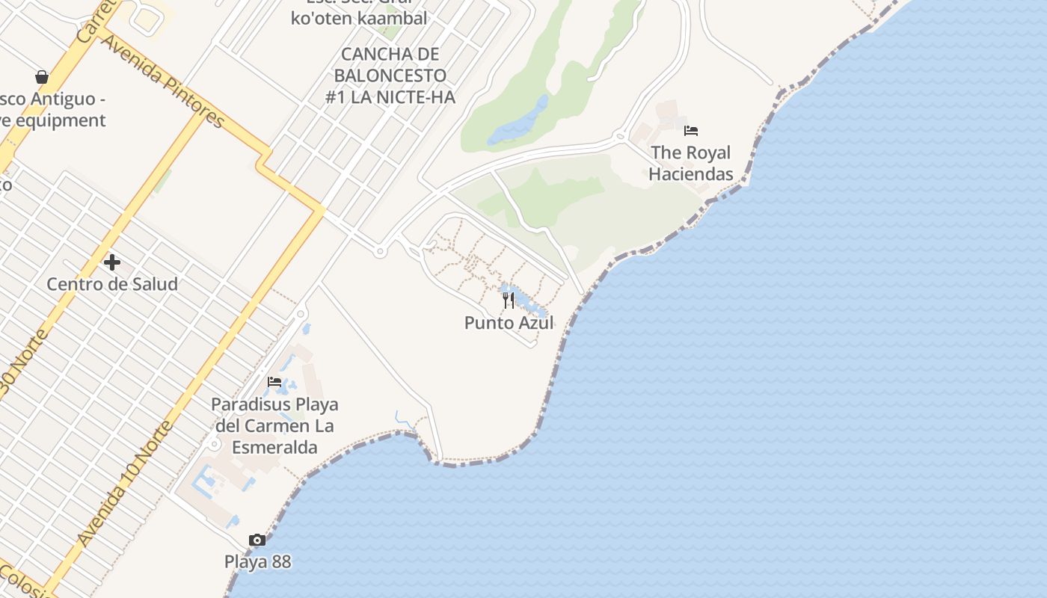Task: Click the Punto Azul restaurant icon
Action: pos(509,300)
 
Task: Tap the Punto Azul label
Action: pos(509,323)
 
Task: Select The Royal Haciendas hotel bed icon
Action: pos(691,131)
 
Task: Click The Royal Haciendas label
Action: pos(690,163)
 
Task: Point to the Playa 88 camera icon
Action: pos(257,540)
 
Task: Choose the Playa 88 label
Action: pos(258,561)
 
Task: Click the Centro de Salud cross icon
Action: pos(112,262)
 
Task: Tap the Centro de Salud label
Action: pos(112,284)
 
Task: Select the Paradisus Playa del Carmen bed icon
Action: pos(274,382)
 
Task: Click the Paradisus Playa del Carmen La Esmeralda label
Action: pos(274,426)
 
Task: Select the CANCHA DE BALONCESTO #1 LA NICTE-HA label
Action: pos(390,75)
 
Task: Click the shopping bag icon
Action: pos(42,77)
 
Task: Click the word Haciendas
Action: pos(690,173)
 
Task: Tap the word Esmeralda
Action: pos(274,447)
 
